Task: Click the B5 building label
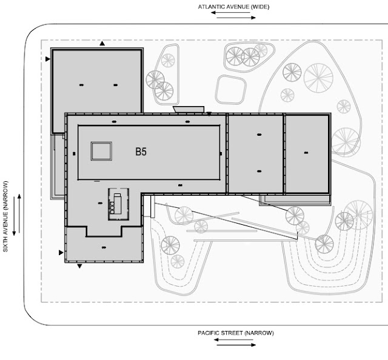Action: pos(141,152)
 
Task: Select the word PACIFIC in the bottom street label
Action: pos(210,333)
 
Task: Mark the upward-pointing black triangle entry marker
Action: pos(102,44)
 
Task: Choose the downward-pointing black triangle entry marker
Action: pos(80,265)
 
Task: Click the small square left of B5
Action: pos(101,150)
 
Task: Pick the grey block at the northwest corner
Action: pos(97,85)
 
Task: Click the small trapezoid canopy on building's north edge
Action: pos(186,110)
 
